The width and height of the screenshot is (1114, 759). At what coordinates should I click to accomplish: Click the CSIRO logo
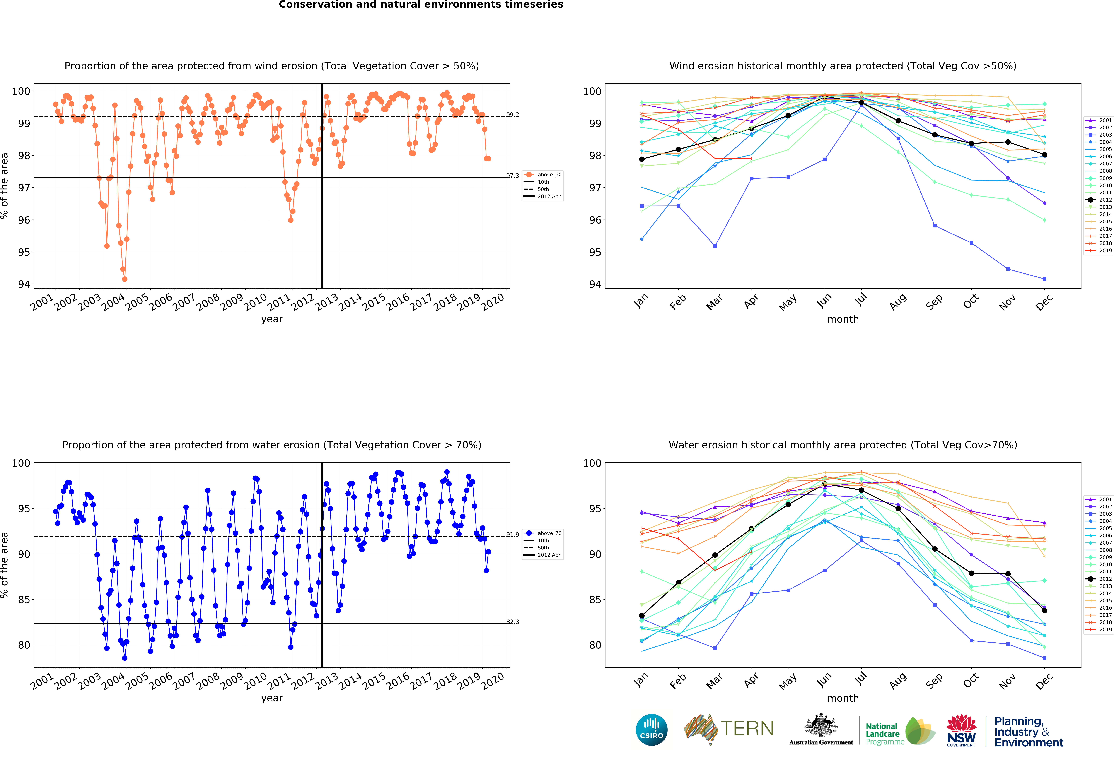651,730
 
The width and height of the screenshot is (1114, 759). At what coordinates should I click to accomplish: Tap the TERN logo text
747,729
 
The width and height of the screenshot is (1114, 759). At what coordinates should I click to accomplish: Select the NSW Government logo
961,730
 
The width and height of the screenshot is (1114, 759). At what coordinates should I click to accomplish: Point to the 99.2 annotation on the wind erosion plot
512,115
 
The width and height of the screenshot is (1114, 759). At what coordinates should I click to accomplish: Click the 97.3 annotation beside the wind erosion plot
512,176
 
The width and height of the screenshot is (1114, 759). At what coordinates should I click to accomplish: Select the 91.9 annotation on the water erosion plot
512,534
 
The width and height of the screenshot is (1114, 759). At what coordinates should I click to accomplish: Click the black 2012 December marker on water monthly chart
1044,610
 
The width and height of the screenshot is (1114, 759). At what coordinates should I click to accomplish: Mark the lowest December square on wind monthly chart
1044,279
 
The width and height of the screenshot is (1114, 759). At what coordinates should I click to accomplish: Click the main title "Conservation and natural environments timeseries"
421,5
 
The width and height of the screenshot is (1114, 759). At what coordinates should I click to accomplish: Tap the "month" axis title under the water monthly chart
843,698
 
